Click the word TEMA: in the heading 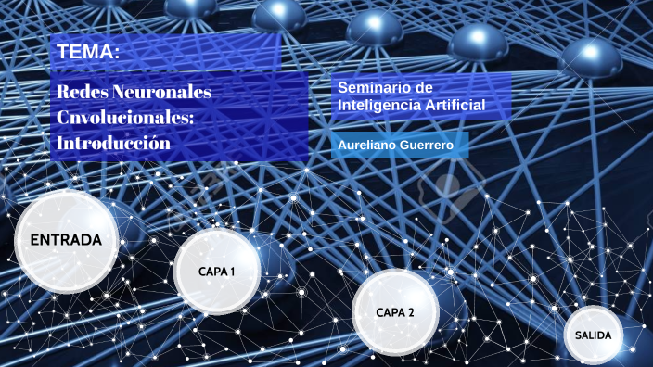(x=88, y=53)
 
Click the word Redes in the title (x=81, y=93)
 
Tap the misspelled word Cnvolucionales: (x=124, y=118)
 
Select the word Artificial (x=454, y=105)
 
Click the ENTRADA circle (x=66, y=240)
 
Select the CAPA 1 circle (x=217, y=272)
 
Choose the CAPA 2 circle (x=394, y=312)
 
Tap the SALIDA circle (x=593, y=335)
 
